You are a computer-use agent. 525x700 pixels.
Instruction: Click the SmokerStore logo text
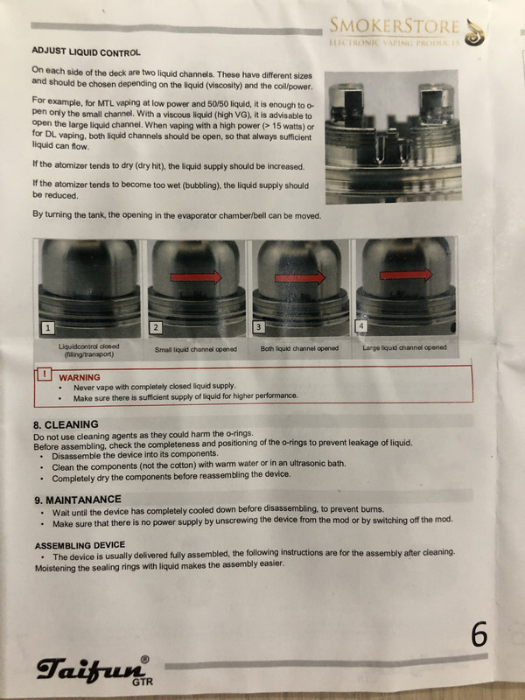pos(395,26)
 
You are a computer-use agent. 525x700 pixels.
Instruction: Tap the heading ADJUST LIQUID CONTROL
pos(86,52)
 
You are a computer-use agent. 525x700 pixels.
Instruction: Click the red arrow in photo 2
pos(196,277)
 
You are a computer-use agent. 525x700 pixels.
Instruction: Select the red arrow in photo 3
pos(300,278)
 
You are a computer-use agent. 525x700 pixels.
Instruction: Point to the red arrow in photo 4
pos(406,275)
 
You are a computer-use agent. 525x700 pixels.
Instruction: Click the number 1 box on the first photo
pos(48,328)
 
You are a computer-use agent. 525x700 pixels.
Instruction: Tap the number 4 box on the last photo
pos(361,325)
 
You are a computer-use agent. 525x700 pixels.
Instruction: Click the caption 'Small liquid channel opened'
pos(195,349)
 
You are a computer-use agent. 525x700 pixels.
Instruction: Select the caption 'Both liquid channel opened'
pos(299,348)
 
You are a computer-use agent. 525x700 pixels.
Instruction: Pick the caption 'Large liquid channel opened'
pos(404,347)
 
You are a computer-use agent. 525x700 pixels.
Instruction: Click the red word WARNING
pos(80,377)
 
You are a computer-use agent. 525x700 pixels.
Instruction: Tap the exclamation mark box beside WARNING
pos(44,374)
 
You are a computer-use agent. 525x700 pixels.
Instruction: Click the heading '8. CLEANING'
pos(66,424)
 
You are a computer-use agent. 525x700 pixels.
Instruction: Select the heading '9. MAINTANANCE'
pos(78,500)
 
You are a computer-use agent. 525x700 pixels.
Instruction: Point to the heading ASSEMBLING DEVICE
pos(80,545)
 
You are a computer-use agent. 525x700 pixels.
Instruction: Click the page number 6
pos(479,633)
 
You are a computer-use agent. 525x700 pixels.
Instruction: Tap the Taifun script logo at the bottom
pos(92,668)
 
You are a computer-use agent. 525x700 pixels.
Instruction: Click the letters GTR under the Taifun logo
pos(143,682)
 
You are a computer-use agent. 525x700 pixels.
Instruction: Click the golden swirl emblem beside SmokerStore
pos(474,32)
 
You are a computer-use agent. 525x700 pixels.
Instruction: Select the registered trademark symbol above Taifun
pos(144,660)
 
